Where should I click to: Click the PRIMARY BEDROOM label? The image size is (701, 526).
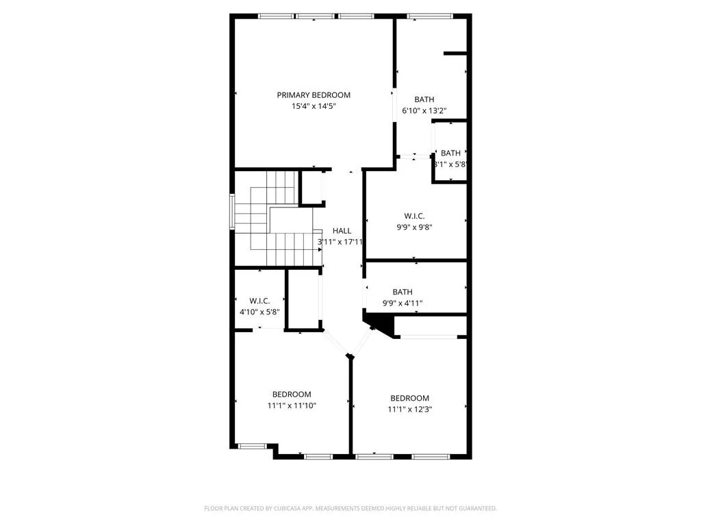(x=314, y=95)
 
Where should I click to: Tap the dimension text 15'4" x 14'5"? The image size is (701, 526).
(x=314, y=106)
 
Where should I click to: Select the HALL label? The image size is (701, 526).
(x=342, y=231)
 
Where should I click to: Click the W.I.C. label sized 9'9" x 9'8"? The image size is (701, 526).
(x=415, y=216)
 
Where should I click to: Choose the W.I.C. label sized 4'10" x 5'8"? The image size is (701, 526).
(x=259, y=301)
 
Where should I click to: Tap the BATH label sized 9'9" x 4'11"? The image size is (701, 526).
(x=403, y=292)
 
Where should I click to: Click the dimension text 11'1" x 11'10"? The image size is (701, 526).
(x=292, y=405)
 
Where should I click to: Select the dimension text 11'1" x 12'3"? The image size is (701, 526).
(x=410, y=409)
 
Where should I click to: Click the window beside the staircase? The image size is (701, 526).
(x=233, y=212)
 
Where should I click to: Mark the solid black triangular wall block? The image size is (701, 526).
(x=375, y=322)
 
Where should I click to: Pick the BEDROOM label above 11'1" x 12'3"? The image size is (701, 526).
(x=410, y=399)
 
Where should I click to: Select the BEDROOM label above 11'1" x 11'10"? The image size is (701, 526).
(x=292, y=394)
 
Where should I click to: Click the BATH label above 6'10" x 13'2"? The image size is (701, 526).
(x=424, y=100)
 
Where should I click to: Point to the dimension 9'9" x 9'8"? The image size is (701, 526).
(x=415, y=227)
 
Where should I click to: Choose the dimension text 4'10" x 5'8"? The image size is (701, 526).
(x=259, y=312)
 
